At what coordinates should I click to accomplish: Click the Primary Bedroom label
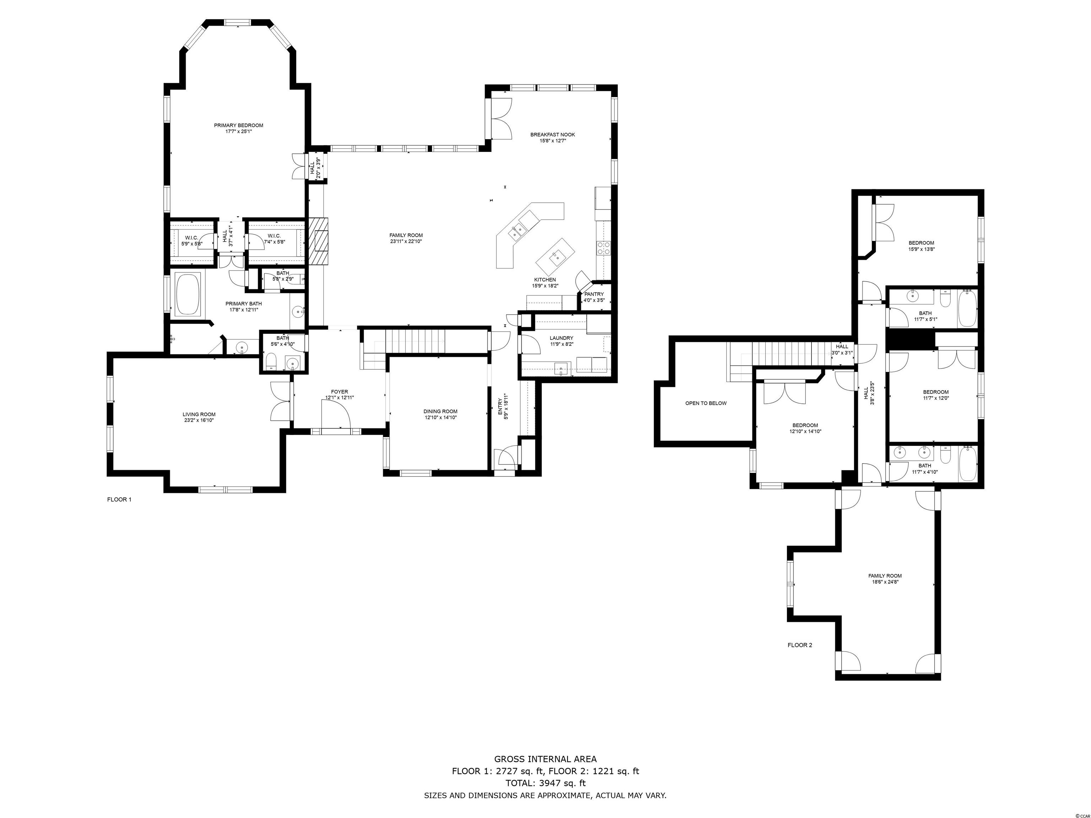(238, 125)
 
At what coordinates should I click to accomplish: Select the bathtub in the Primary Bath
(188, 294)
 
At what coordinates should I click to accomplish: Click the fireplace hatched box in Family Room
(321, 242)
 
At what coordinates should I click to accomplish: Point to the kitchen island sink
(555, 256)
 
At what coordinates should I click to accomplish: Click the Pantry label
(594, 294)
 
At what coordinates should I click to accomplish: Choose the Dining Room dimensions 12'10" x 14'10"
(440, 418)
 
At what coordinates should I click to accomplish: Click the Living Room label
(199, 414)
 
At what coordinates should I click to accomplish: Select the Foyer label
(339, 392)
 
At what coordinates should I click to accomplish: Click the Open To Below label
(706, 403)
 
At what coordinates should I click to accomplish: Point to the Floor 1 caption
(119, 500)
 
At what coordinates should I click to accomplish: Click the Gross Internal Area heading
(545, 759)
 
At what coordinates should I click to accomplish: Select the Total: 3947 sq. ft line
(545, 783)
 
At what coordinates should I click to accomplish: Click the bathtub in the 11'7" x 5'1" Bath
(967, 309)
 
